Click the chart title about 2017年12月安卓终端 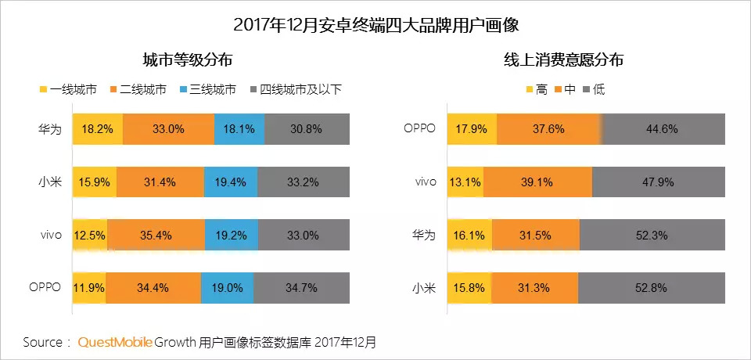(375, 25)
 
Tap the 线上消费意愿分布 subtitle (563, 59)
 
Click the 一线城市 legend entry (68, 89)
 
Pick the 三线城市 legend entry (207, 89)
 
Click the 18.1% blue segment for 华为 (239, 129)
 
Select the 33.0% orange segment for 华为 (168, 129)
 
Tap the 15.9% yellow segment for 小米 (94, 182)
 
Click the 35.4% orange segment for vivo (156, 235)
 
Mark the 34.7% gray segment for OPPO (301, 287)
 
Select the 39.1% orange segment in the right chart (537, 182)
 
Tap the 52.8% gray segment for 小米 (652, 287)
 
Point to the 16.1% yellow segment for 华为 (469, 235)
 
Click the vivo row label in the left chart (49, 235)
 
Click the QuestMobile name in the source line (114, 342)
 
